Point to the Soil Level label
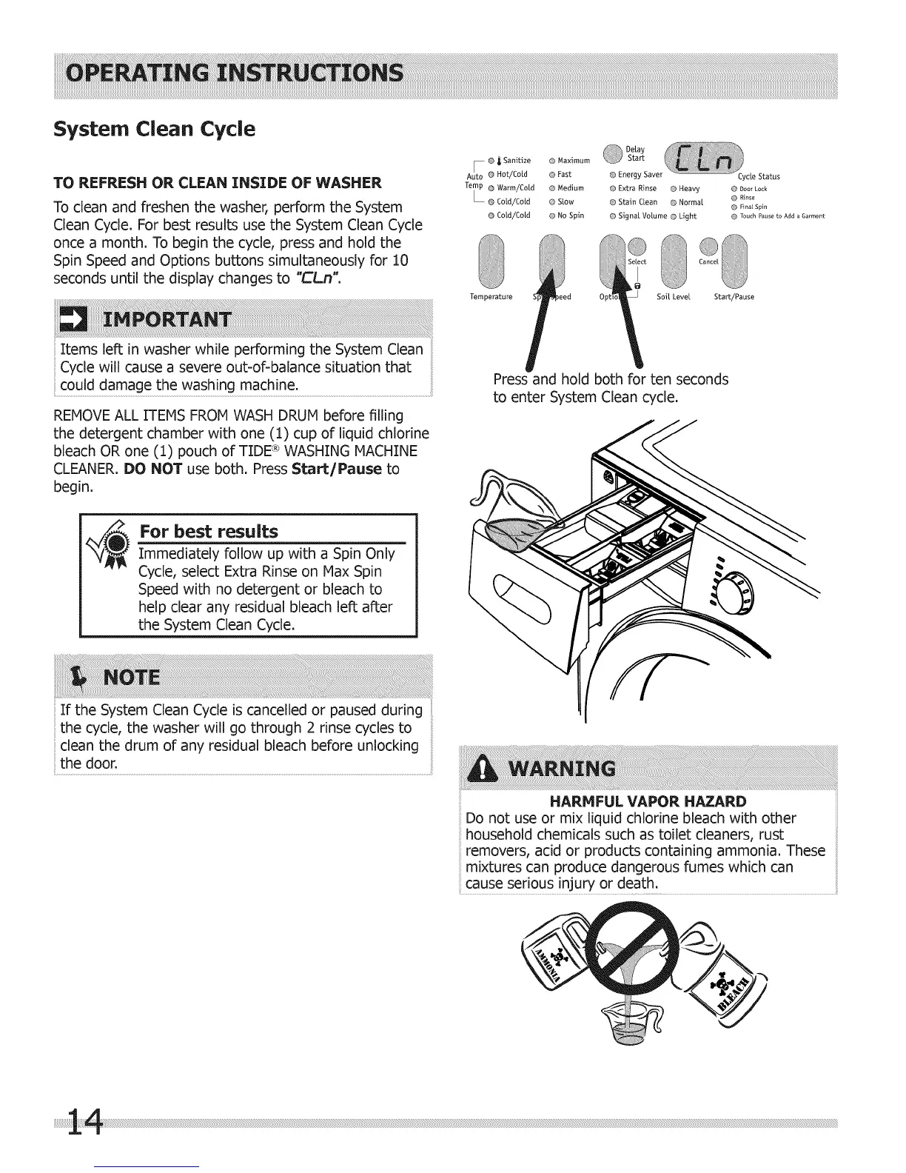coord(673,297)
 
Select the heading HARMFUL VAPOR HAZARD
coord(647,801)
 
